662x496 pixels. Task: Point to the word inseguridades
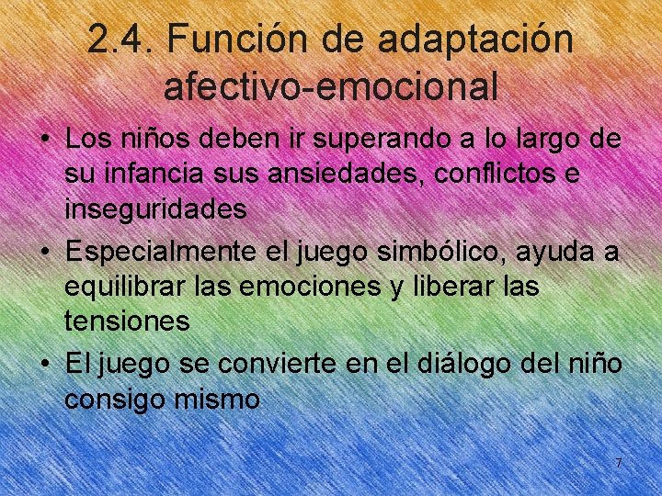pos(155,209)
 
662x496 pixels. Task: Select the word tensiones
pos(127,321)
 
